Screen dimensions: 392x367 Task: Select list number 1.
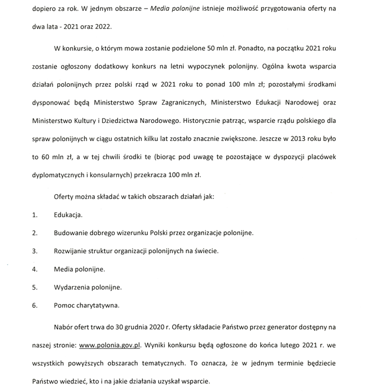[35, 215]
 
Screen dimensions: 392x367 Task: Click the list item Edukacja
[68, 215]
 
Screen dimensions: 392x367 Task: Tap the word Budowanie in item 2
[72, 233]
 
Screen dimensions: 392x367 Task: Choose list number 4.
[35, 269]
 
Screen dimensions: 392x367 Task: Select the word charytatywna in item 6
[98, 306]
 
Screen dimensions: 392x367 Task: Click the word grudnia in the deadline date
[149, 326]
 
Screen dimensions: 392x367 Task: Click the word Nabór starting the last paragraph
[64, 326]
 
